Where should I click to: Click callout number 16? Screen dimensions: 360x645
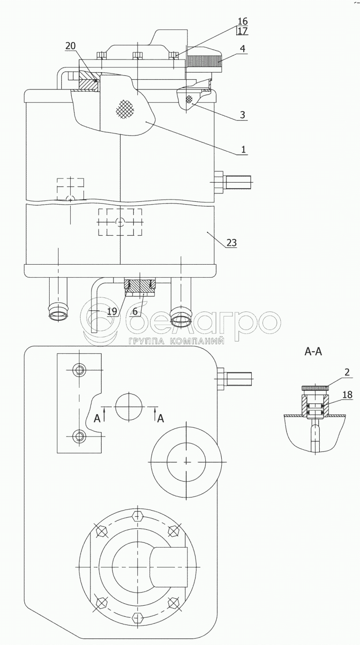(x=243, y=21)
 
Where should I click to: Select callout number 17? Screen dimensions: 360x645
(x=243, y=31)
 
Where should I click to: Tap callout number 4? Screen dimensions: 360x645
(x=243, y=49)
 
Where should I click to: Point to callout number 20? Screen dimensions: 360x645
(x=70, y=46)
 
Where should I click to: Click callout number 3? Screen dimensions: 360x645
(x=242, y=115)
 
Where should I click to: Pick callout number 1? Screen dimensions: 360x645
(x=243, y=149)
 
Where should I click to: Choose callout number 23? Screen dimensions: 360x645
(x=232, y=243)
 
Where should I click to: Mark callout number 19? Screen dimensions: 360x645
(x=112, y=311)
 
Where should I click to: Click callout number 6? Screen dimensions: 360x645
(x=135, y=311)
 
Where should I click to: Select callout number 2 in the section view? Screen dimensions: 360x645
(x=347, y=372)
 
